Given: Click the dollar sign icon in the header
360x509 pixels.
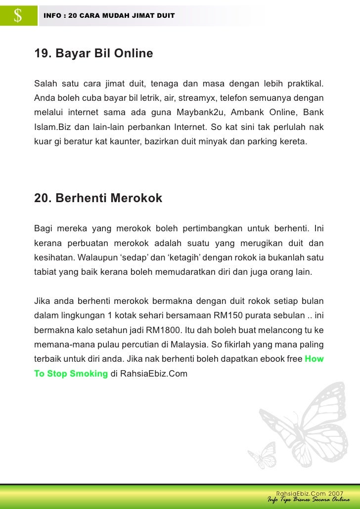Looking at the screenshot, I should click(18, 16).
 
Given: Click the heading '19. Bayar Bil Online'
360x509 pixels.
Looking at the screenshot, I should click(93, 53).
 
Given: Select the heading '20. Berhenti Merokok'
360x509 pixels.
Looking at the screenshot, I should click(98, 198).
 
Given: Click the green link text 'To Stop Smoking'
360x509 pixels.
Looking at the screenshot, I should click(71, 374).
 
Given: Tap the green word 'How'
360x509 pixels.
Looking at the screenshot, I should click(314, 359).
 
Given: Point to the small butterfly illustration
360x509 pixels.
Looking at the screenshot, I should click(263, 455).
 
